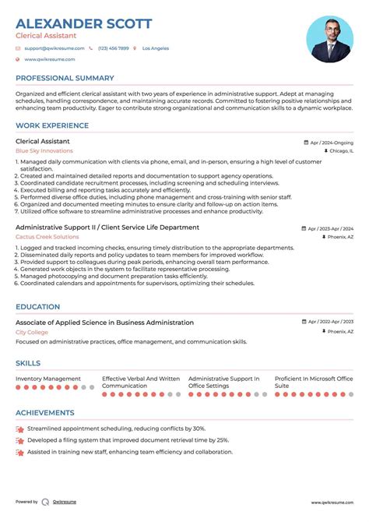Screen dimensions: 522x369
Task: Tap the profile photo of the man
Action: [x=329, y=39]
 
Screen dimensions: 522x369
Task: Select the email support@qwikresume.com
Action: [x=52, y=48]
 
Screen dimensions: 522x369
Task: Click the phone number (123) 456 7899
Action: [x=113, y=48]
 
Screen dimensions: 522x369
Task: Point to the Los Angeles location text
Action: [x=155, y=48]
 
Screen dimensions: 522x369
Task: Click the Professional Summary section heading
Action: [x=65, y=79]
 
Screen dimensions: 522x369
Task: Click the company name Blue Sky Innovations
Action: [x=44, y=150]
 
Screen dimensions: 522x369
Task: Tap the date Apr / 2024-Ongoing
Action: [x=331, y=143]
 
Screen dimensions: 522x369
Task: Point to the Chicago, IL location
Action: [x=340, y=151]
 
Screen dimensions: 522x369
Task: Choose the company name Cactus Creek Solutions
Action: [x=47, y=236]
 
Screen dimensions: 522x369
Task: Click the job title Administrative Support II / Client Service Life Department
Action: [x=107, y=227]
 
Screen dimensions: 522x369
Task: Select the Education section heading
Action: [x=38, y=308]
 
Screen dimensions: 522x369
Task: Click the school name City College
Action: [x=31, y=332]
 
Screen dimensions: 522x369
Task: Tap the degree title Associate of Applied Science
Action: [x=104, y=323]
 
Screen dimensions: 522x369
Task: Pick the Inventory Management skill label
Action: [x=48, y=379]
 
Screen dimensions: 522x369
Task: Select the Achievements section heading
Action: [x=45, y=412]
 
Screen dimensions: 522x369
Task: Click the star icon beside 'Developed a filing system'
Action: [x=19, y=439]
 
